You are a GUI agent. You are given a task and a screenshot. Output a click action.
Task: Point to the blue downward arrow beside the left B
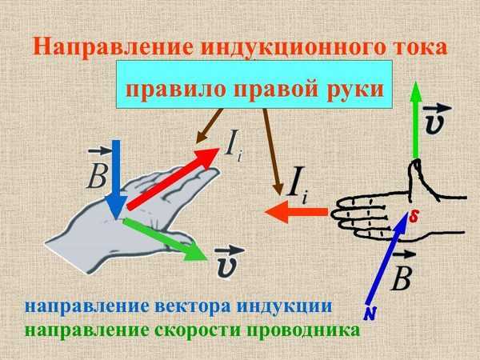tap(116, 180)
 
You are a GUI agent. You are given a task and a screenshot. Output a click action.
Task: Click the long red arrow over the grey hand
tap(174, 178)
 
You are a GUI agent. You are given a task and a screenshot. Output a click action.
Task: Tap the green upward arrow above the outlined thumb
tap(416, 120)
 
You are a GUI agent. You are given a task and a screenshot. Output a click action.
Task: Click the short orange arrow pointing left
tap(296, 212)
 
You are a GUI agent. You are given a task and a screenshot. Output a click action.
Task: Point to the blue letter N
tap(370, 313)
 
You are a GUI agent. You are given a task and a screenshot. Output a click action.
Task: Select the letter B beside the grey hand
tap(97, 177)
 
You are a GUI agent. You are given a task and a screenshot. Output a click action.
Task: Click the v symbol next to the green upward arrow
tap(435, 122)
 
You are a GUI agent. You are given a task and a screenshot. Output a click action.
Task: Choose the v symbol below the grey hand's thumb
tap(227, 262)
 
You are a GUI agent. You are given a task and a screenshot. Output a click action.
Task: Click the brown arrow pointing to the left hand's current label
tap(209, 126)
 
